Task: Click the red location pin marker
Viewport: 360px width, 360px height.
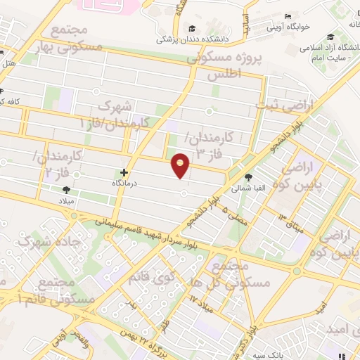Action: click(181, 165)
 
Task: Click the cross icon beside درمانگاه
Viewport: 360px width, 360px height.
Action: click(124, 172)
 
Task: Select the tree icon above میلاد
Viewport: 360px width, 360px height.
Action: click(66, 190)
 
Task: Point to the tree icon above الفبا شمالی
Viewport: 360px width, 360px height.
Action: click(247, 178)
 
